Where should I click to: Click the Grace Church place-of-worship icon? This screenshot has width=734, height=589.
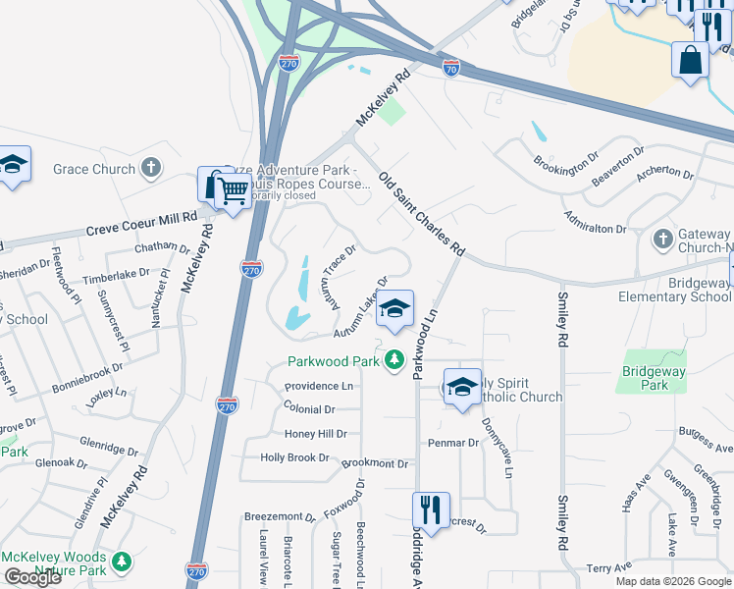(x=151, y=169)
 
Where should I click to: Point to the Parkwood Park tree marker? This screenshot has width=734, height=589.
(x=394, y=361)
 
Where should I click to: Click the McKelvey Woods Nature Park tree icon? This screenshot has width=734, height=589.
(x=122, y=562)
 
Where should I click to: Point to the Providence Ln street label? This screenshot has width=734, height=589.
(x=321, y=387)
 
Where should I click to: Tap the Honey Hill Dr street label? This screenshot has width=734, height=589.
(x=315, y=434)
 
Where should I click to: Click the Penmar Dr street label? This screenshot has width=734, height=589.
(x=452, y=443)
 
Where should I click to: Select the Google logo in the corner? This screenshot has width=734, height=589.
(x=32, y=577)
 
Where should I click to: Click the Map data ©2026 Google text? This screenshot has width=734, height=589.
(x=673, y=581)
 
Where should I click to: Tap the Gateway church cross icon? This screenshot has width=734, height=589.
(x=662, y=239)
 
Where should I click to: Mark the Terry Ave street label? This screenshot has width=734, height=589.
(x=608, y=568)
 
